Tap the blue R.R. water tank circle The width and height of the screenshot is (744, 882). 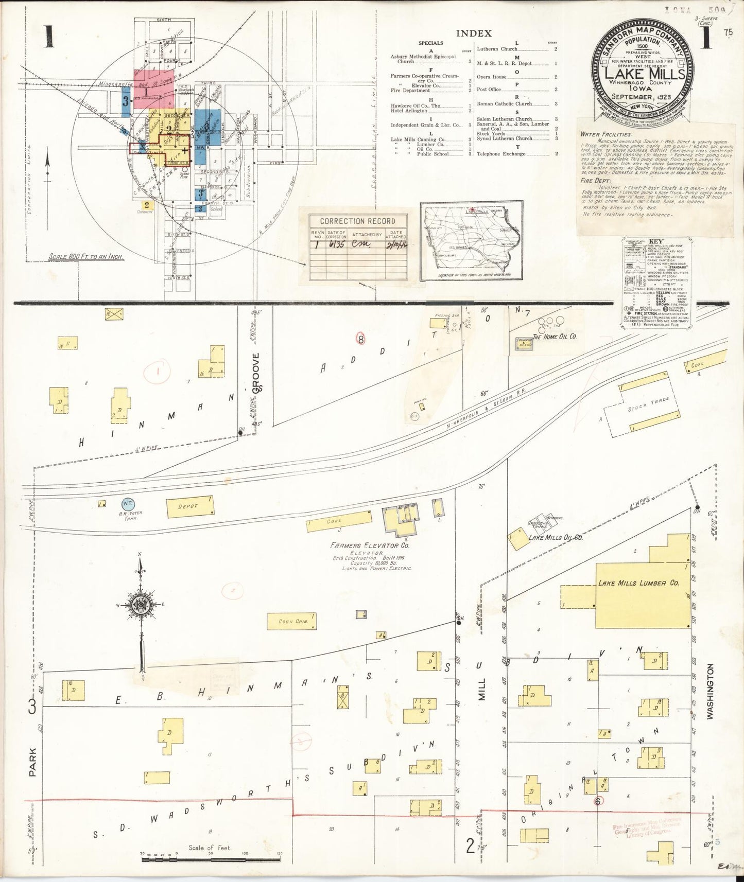pos(128,505)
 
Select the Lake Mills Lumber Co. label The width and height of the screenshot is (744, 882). pos(638,584)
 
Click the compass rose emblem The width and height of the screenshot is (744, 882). pos(140,605)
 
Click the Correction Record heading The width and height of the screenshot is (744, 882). pos(357,221)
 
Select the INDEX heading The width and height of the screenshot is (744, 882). pos(474,33)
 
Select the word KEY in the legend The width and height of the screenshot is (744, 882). pos(656,242)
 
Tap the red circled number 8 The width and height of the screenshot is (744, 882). pos(361,339)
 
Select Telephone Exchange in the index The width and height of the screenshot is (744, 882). pos(503,153)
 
